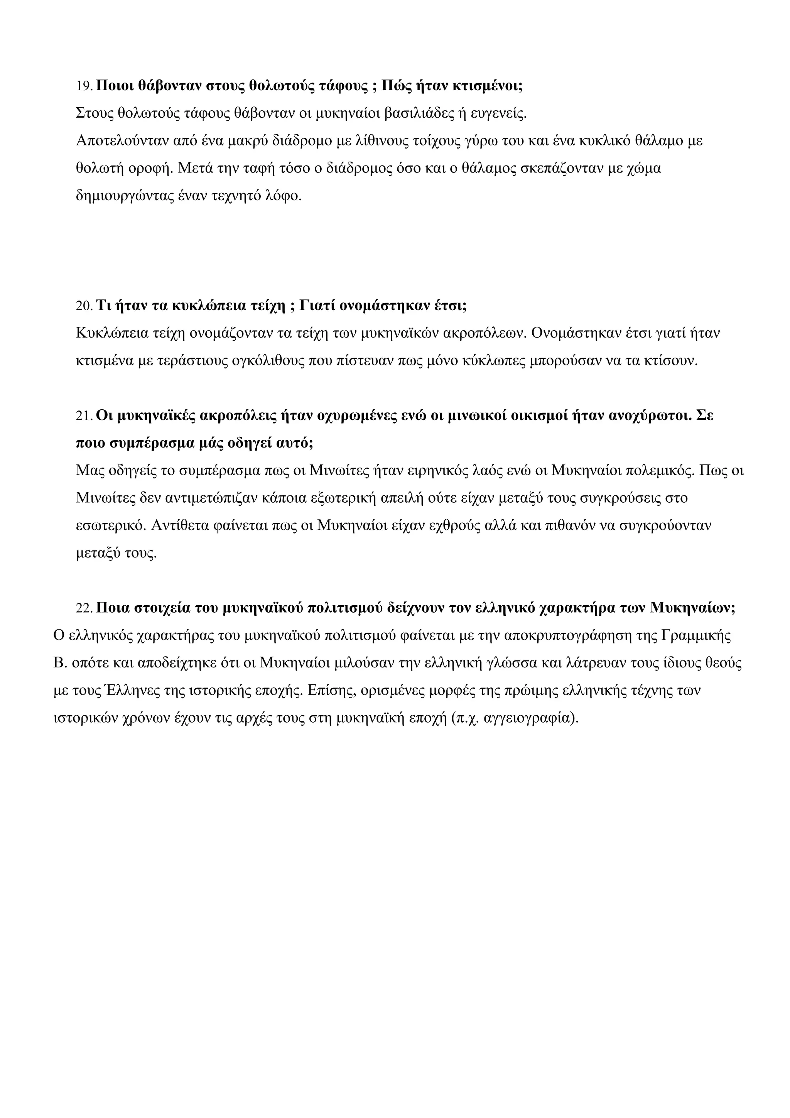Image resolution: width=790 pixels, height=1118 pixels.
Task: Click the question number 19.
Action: [84, 87]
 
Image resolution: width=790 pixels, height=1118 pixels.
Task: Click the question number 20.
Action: [84, 306]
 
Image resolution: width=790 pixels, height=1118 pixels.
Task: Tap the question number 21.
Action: [84, 416]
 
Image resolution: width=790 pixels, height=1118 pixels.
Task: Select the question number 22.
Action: [84, 609]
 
